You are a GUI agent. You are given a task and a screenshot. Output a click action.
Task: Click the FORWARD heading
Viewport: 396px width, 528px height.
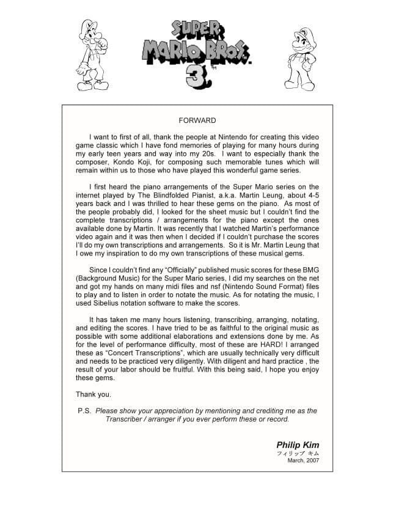[x=197, y=120]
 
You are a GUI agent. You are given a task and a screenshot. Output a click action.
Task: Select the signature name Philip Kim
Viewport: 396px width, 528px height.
[x=298, y=445]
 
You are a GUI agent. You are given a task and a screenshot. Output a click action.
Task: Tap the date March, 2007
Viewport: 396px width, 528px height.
[x=303, y=461]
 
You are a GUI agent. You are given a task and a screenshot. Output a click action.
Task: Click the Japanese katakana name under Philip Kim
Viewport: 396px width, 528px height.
[x=298, y=453]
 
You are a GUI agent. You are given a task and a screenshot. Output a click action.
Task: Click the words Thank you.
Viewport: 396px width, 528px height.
[x=93, y=394]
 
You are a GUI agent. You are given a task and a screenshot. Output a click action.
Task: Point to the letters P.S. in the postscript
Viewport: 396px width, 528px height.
[x=84, y=411]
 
